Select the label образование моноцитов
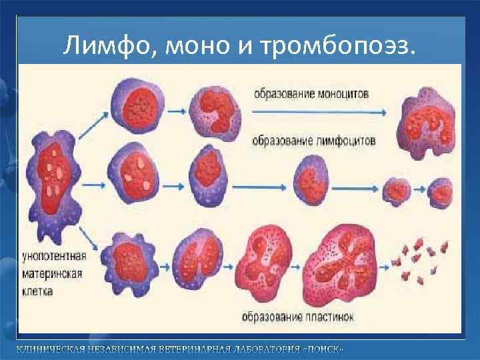tap(311, 94)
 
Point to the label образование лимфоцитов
tap(314, 141)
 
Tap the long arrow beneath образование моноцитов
tap(319, 112)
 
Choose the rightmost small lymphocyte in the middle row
tap(441, 191)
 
